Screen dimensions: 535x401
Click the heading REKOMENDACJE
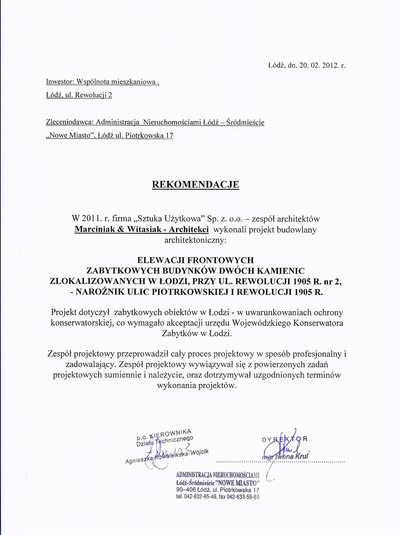click(195, 185)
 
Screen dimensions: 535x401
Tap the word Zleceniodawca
click(70, 122)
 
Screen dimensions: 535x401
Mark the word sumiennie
click(123, 375)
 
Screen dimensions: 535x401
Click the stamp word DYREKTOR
click(285, 439)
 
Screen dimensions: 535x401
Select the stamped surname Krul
click(302, 456)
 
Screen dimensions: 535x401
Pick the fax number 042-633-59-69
click(243, 497)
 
